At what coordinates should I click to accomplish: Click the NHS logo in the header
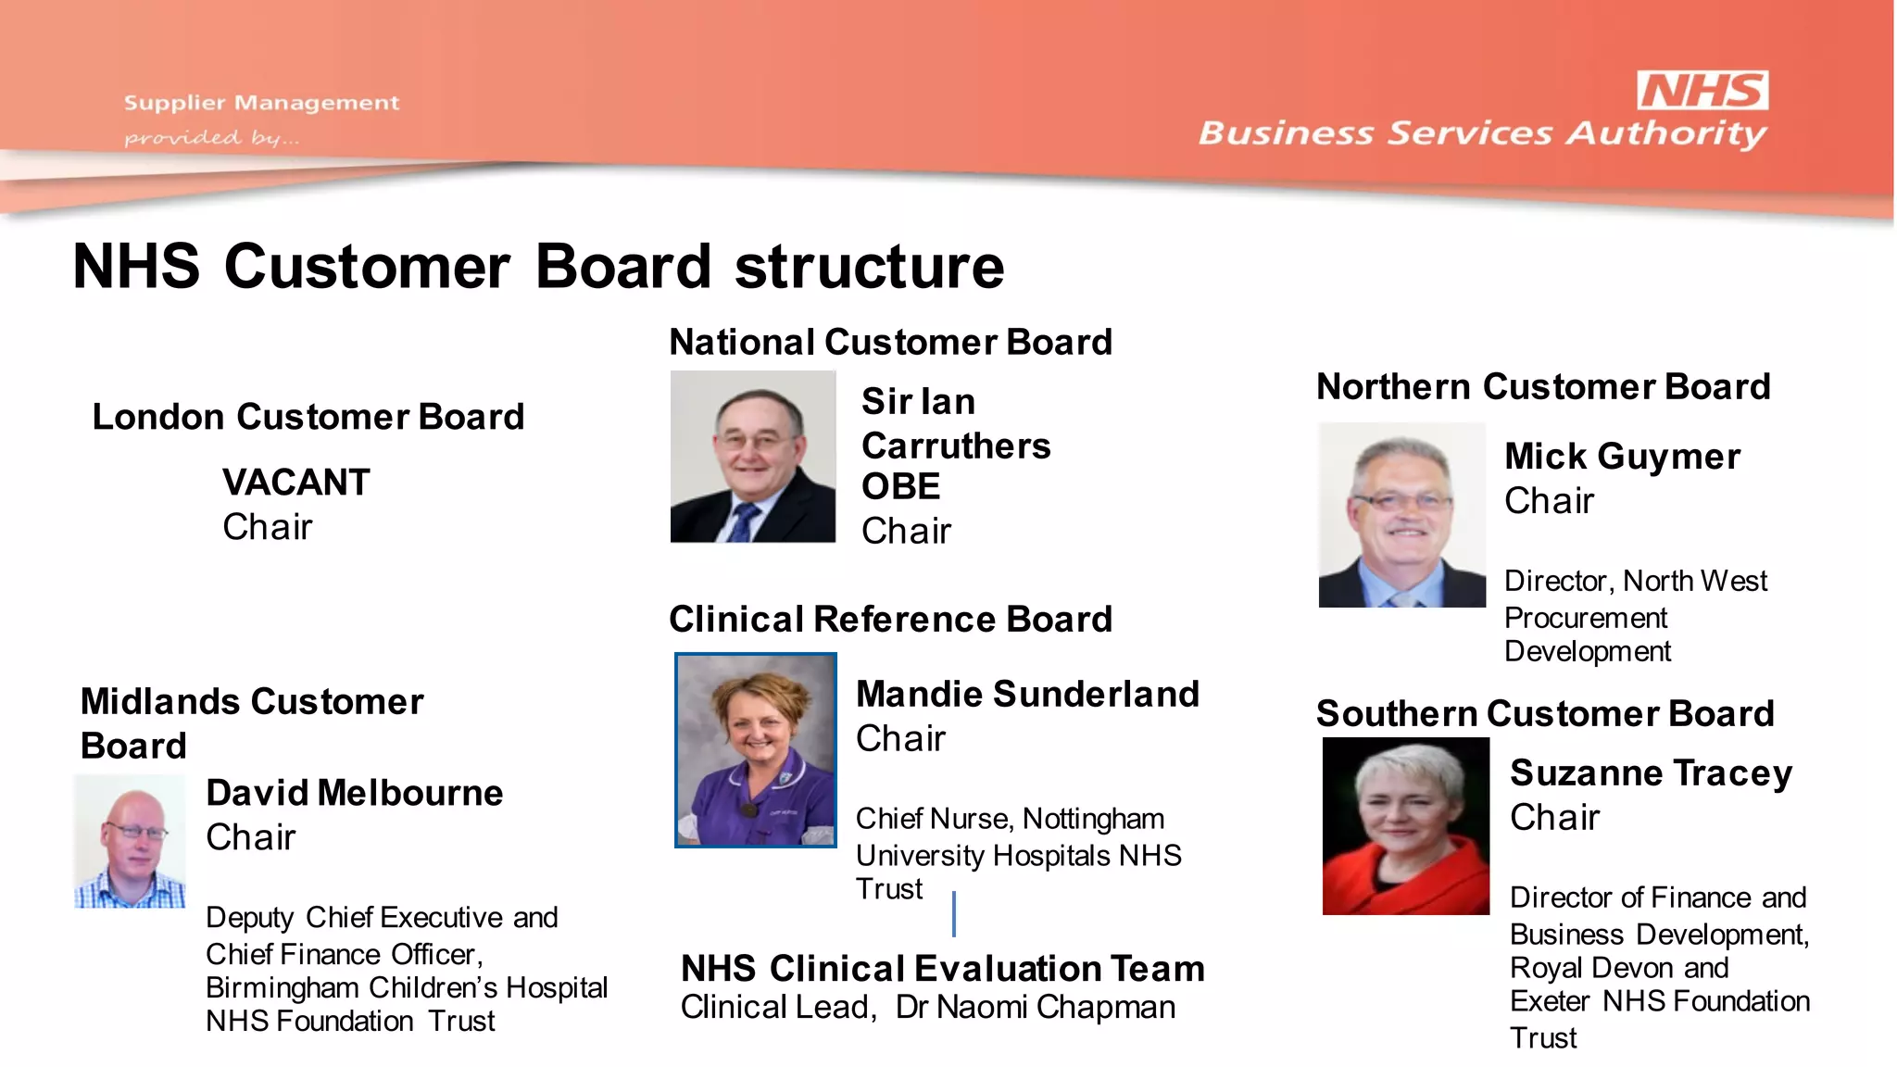(x=1702, y=91)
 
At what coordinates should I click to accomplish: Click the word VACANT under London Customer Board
(x=296, y=483)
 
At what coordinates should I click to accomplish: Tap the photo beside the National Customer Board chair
(x=753, y=457)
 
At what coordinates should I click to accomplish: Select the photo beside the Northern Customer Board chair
(x=1401, y=515)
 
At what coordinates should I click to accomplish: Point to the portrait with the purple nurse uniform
(x=756, y=750)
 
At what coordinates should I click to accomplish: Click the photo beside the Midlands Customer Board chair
(x=130, y=841)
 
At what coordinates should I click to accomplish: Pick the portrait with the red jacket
(x=1405, y=826)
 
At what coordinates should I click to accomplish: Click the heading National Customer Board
(x=890, y=342)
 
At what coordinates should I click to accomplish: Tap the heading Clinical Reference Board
(x=890, y=619)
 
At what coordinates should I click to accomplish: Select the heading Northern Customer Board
(x=1543, y=386)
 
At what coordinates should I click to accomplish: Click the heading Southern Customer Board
(x=1545, y=713)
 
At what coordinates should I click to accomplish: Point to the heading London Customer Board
(x=308, y=417)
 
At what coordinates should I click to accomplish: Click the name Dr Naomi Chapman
(x=1036, y=1007)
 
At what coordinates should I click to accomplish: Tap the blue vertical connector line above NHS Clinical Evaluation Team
(x=954, y=913)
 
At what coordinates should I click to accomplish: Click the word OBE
(x=900, y=487)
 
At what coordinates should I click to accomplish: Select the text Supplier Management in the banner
(x=261, y=103)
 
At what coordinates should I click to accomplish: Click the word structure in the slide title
(x=869, y=267)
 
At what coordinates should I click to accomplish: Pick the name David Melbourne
(x=355, y=793)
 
